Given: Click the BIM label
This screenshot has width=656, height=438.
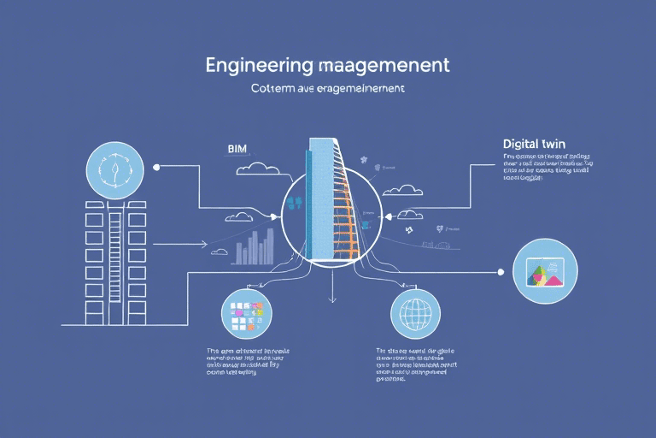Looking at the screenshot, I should pyautogui.click(x=236, y=148).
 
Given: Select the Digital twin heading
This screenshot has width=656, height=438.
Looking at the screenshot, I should pyautogui.click(x=534, y=144).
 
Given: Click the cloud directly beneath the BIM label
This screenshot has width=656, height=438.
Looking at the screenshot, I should pyautogui.click(x=260, y=169).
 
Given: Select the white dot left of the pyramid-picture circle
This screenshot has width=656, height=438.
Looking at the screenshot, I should pyautogui.click(x=501, y=272).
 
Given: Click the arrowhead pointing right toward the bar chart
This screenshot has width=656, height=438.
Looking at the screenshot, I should pyautogui.click(x=204, y=244).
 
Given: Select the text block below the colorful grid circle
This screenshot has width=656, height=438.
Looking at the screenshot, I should pyautogui.click(x=247, y=362).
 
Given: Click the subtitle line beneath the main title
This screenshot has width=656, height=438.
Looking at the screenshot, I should pyautogui.click(x=328, y=88).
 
